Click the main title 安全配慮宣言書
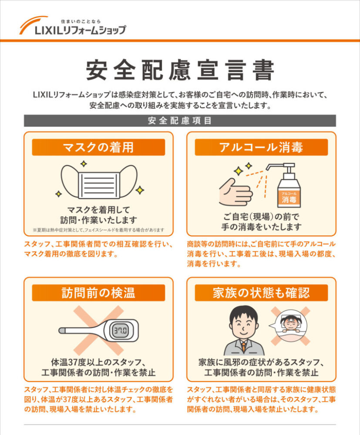[180, 70]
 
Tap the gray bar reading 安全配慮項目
[180, 121]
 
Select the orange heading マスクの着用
[98, 147]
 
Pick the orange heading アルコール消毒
[261, 147]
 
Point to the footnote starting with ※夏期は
[98, 230]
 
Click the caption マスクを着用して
[98, 209]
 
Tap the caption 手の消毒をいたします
[262, 227]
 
